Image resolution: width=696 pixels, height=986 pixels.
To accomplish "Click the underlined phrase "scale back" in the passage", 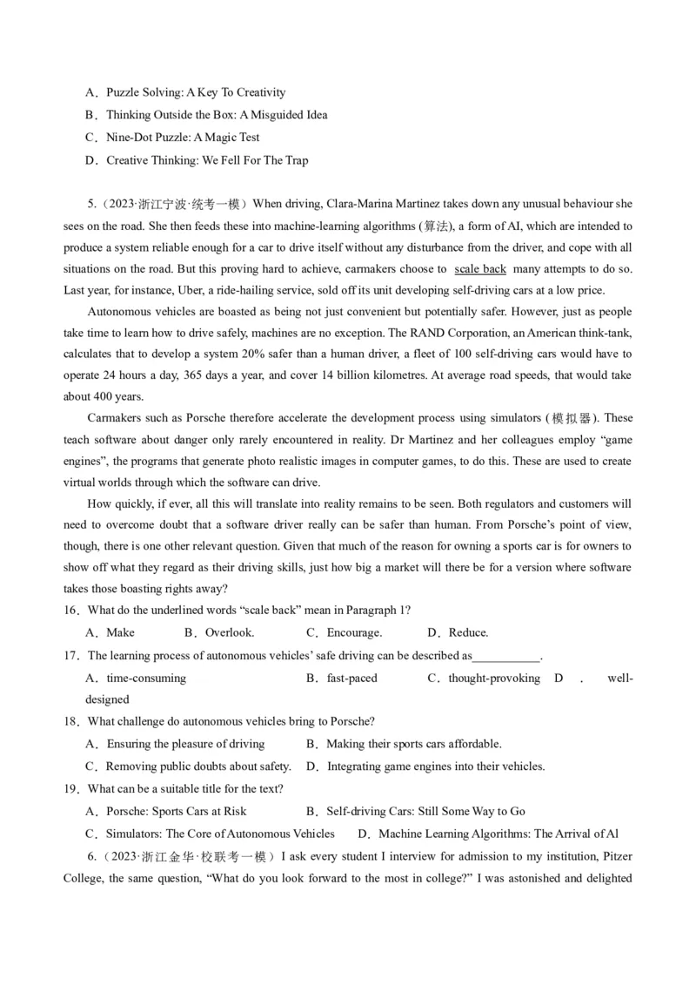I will [x=480, y=269].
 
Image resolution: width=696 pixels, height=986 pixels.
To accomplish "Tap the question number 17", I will [x=71, y=655].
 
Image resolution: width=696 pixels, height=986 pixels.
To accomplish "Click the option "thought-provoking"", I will [x=493, y=678].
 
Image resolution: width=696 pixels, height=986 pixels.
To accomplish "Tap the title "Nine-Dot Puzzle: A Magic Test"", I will [x=183, y=138].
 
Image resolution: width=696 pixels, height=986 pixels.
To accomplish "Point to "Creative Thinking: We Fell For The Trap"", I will [x=207, y=160].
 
